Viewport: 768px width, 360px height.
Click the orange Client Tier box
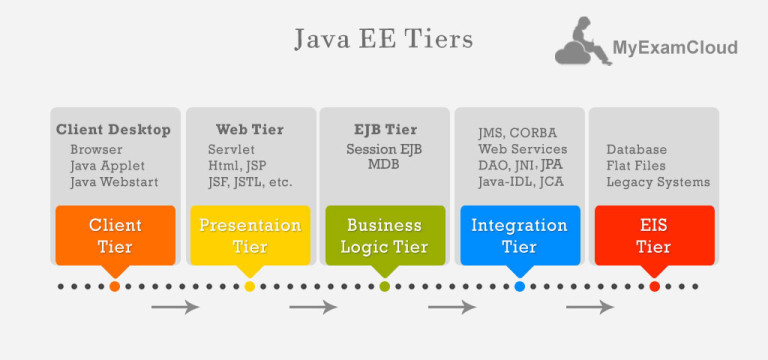[x=115, y=235]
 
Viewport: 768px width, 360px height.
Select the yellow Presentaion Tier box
[x=250, y=235]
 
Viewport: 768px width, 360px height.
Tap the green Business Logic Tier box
[x=385, y=235]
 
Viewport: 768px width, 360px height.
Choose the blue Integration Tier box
[x=520, y=235]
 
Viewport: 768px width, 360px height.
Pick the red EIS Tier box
[x=654, y=235]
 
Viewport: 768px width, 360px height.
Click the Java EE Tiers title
[x=384, y=39]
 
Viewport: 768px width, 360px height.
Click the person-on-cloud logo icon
[x=584, y=42]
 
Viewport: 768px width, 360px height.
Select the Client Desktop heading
[x=113, y=130]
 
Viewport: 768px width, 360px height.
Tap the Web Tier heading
[x=250, y=130]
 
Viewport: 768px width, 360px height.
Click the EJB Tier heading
[x=385, y=130]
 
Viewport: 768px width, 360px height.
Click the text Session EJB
[x=385, y=148]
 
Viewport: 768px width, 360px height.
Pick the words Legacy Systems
[x=658, y=182]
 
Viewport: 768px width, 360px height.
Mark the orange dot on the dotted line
[x=115, y=287]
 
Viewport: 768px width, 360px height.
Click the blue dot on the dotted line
[x=520, y=287]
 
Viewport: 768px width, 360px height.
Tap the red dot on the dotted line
[x=654, y=287]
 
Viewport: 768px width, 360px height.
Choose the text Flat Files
[x=636, y=166]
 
